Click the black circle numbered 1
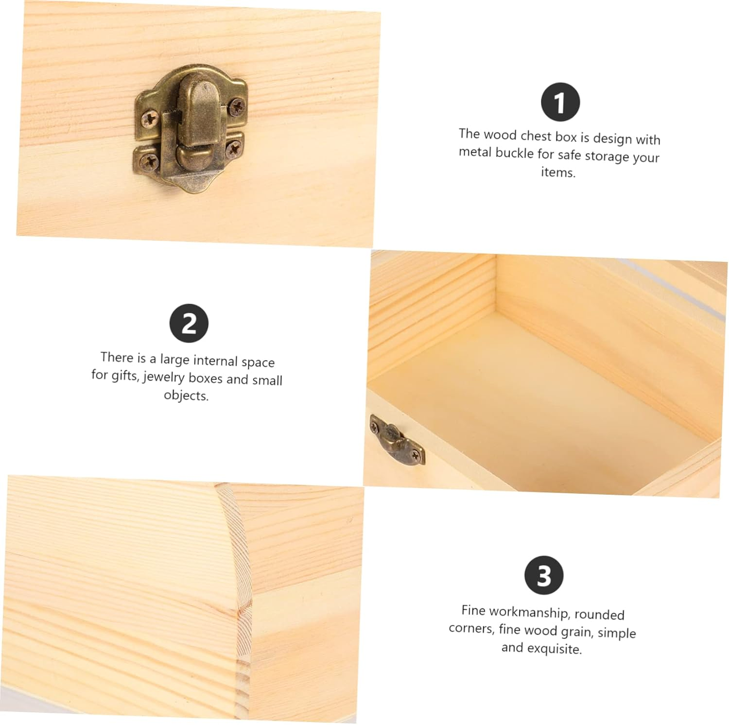click(x=560, y=102)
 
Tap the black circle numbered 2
click(x=189, y=323)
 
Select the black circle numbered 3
click(x=544, y=575)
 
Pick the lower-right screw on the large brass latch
click(x=234, y=147)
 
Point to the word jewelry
click(x=164, y=377)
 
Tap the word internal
click(x=215, y=361)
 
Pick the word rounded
click(x=599, y=615)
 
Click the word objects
click(x=186, y=395)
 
